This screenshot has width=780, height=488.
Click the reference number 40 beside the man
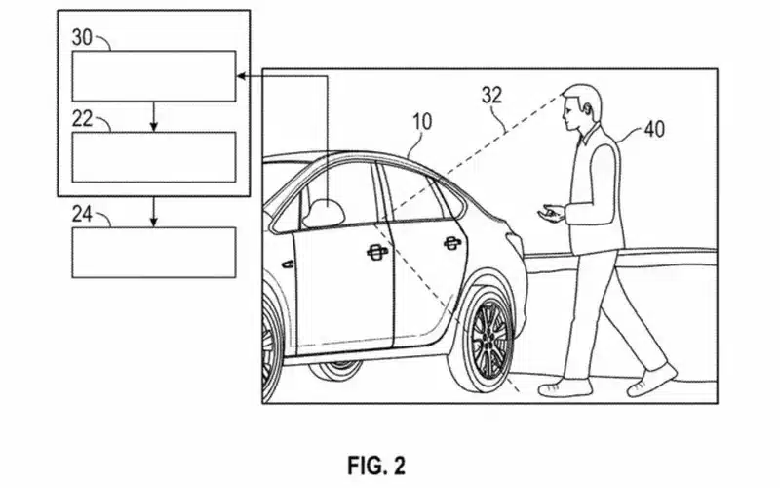click(655, 128)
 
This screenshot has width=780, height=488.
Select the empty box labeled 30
click(154, 76)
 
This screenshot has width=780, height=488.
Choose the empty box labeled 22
click(154, 156)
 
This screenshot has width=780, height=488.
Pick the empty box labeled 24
click(154, 251)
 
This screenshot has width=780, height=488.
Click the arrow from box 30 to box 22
click(154, 116)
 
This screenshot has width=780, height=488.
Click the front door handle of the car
click(375, 253)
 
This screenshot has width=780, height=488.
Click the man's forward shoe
click(565, 387)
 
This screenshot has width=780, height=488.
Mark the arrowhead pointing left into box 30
click(241, 76)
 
